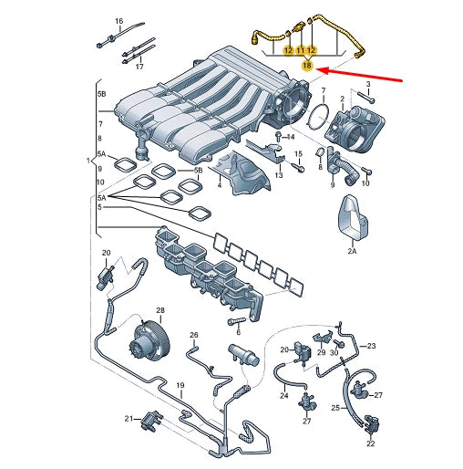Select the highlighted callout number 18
(x=307, y=67)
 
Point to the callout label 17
(x=139, y=67)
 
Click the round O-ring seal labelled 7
(x=318, y=117)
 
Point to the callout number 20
(x=106, y=252)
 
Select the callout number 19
(x=180, y=386)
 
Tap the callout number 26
(x=193, y=336)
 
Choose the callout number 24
(x=283, y=396)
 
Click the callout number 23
(x=372, y=345)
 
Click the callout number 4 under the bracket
(x=219, y=185)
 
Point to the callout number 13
(x=279, y=173)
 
